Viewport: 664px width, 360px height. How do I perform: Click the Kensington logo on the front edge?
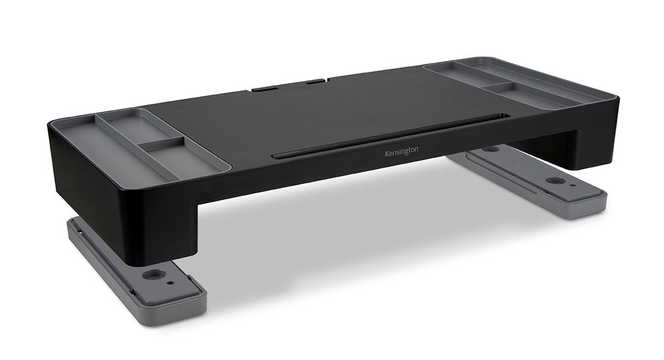pos(402,152)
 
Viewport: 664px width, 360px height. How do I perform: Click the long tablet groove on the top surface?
pos(392,136)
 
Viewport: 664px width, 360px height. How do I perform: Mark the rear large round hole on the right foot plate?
pos(492,149)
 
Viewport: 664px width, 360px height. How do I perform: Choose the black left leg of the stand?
pos(153,219)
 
